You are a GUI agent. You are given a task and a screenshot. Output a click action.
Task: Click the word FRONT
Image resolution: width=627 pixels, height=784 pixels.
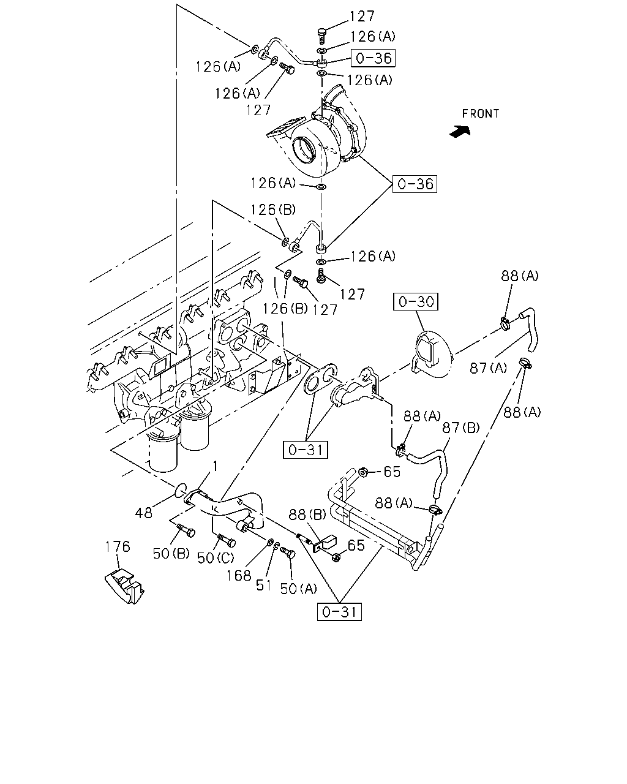(x=480, y=114)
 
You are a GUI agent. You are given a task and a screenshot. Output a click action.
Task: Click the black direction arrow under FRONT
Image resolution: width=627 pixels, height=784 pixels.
(x=460, y=131)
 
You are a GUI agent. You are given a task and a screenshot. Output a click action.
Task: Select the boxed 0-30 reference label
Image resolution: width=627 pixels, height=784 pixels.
(x=416, y=301)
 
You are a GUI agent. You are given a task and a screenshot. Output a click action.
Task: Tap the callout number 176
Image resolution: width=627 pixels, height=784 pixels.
(x=118, y=546)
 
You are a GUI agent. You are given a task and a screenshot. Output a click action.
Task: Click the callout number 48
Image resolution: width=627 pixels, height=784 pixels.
(x=143, y=513)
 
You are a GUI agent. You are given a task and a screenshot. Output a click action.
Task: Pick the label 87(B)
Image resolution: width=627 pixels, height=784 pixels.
(x=461, y=428)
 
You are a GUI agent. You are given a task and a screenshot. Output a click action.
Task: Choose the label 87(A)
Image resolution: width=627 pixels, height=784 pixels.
(x=488, y=368)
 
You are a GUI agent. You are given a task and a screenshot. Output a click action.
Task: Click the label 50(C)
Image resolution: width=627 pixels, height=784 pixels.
(x=216, y=558)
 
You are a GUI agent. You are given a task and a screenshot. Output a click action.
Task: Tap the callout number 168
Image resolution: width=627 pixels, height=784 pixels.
(x=239, y=576)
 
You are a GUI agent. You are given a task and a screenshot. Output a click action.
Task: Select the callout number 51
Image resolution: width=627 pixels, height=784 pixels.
(x=264, y=586)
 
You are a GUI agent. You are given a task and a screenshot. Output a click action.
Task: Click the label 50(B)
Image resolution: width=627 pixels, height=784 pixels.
(x=171, y=553)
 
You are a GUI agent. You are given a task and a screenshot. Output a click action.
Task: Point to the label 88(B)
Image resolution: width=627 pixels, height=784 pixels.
(x=307, y=514)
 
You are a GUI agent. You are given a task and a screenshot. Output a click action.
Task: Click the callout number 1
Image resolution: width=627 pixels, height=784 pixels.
(x=216, y=466)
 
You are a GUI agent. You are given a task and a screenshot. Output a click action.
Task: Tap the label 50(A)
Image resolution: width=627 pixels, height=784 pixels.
(x=298, y=589)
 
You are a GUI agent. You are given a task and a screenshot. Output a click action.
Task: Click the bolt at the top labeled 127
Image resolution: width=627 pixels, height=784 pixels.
(x=321, y=36)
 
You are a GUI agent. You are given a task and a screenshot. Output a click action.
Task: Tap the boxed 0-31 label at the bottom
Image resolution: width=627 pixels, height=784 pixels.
(x=339, y=612)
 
